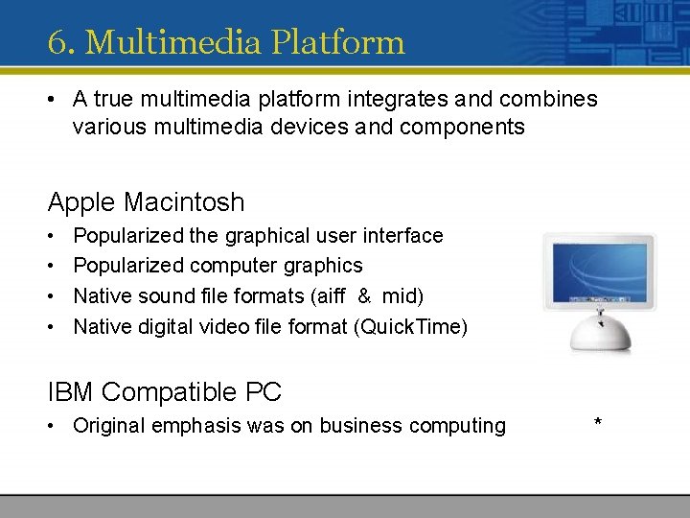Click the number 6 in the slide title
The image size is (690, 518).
[56, 42]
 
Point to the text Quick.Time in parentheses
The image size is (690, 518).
[410, 326]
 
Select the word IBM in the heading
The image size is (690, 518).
[71, 391]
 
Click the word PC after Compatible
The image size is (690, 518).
[264, 391]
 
